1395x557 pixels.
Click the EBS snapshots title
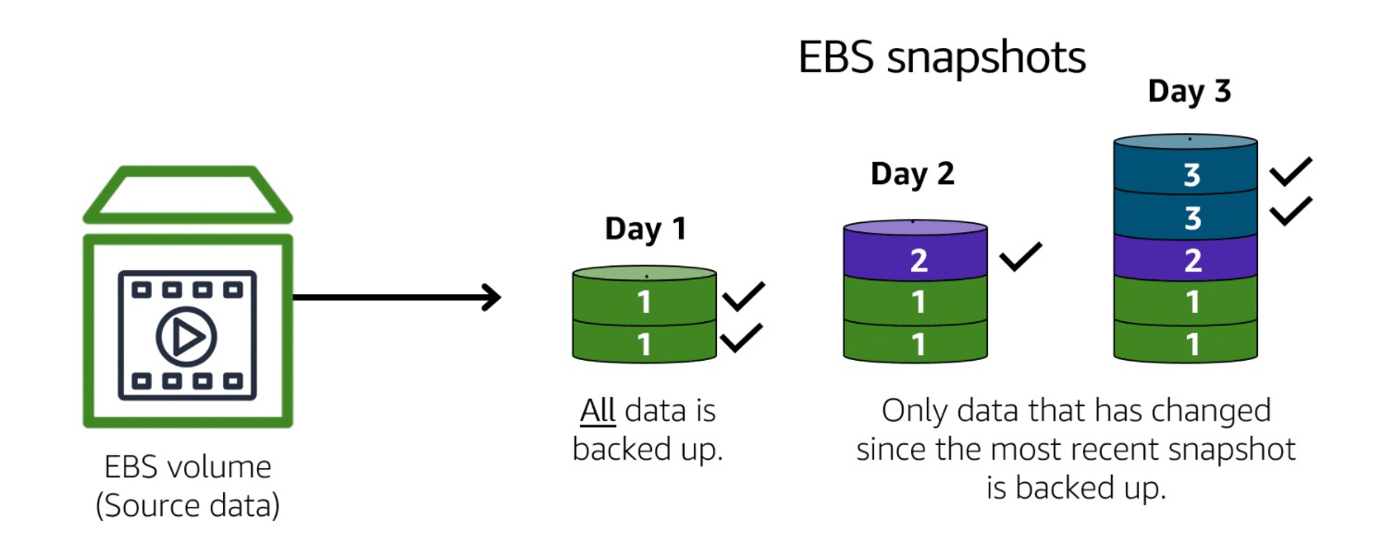coord(942,58)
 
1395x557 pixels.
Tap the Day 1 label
coord(646,229)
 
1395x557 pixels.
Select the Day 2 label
coord(912,174)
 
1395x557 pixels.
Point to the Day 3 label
coord(1189,92)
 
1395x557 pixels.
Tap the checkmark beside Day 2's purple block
coord(1019,256)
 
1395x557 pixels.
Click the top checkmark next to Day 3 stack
coord(1290,170)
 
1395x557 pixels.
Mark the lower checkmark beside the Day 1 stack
coord(741,338)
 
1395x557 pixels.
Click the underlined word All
coord(598,410)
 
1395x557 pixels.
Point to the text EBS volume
coord(188,467)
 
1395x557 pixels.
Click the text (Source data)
coord(188,507)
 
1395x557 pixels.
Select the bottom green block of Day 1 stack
coord(645,344)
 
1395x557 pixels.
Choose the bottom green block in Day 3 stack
coord(1187,344)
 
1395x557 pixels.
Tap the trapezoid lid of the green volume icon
coord(188,195)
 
